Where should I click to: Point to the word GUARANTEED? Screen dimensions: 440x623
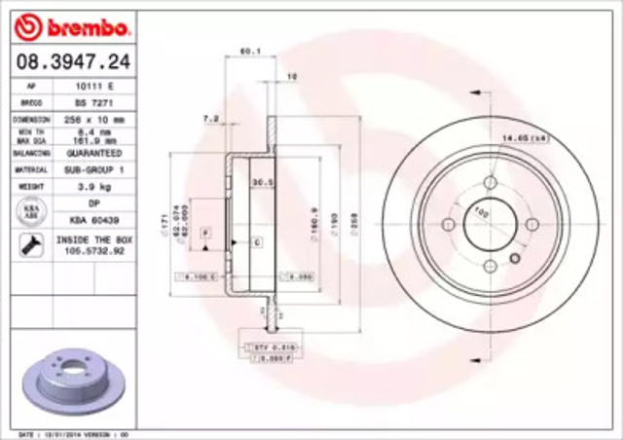93,153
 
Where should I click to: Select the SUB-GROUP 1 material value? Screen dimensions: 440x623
93,169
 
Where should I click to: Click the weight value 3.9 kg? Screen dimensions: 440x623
93,186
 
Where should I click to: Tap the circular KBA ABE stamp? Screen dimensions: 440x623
30,211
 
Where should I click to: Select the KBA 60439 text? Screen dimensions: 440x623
93,219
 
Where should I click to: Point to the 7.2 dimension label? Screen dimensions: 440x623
207,119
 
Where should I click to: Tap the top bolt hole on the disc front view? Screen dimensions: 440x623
490,182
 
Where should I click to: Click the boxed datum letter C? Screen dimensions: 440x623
256,239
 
